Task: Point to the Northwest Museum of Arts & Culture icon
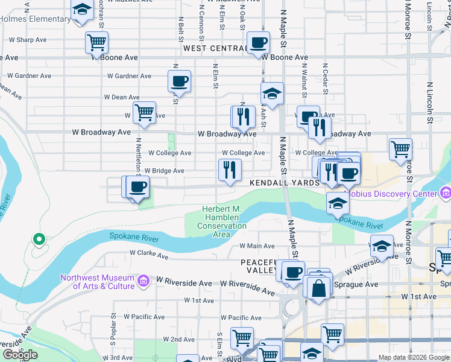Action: (143, 281)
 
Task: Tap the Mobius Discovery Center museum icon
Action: (446, 194)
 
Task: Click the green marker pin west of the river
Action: (39, 240)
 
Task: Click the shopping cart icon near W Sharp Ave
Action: (97, 42)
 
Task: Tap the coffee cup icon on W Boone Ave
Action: (259, 43)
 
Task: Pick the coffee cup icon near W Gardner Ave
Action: (180, 80)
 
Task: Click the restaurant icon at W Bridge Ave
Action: (230, 170)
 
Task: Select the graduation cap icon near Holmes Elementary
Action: (81, 10)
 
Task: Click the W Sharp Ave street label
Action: (27, 40)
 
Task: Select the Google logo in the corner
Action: (20, 355)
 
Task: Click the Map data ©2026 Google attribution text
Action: (414, 357)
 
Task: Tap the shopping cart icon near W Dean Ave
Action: (144, 112)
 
